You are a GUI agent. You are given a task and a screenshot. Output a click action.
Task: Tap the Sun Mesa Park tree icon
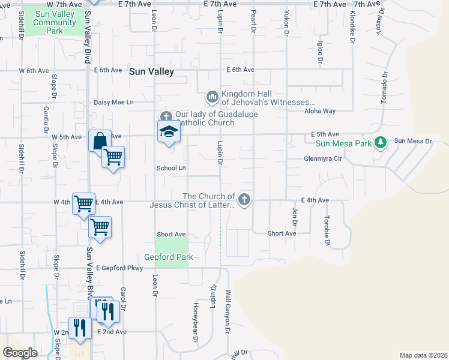click(379, 142)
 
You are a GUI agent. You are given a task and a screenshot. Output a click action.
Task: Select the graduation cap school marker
click(169, 132)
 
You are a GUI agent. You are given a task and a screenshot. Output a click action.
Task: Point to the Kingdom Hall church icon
click(212, 97)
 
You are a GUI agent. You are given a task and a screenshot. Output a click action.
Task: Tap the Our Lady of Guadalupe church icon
click(166, 116)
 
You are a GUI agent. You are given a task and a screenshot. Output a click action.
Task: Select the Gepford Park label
click(171, 257)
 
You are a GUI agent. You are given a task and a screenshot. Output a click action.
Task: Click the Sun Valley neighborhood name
click(151, 71)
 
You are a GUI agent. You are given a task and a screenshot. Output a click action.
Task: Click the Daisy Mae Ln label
click(113, 103)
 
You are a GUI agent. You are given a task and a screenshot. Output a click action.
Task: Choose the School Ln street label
click(171, 168)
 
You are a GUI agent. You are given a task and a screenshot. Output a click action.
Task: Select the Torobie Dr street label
click(328, 230)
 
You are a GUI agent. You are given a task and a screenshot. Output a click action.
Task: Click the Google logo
click(19, 353)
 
